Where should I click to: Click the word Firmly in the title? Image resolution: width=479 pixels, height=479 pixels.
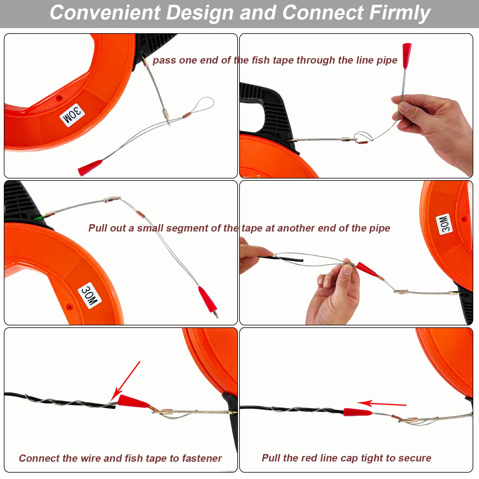[x=400, y=13]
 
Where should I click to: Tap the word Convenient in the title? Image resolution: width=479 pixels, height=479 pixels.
[x=105, y=12]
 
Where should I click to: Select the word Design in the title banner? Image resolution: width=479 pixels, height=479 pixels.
[x=200, y=13]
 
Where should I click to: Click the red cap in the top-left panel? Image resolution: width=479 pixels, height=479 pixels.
[x=90, y=167]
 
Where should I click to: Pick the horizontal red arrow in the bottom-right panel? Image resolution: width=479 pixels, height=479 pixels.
[x=381, y=404]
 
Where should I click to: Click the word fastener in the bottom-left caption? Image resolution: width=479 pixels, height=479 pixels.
[x=202, y=458]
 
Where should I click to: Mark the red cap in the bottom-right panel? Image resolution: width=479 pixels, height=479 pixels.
[x=357, y=412]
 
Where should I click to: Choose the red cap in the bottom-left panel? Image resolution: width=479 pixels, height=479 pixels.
[x=133, y=401]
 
